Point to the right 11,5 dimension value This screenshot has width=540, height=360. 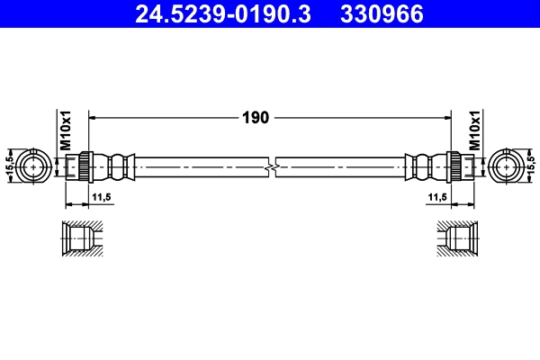click(438, 196)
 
